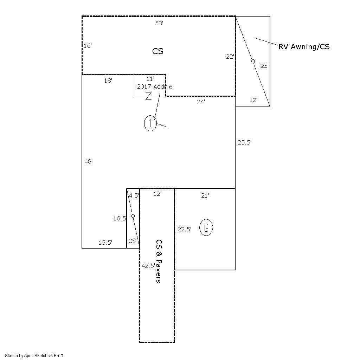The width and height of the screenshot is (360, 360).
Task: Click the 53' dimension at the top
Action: point(159,24)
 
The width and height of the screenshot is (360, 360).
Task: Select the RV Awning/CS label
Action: point(304,47)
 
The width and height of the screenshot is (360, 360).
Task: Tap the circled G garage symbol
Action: point(206,228)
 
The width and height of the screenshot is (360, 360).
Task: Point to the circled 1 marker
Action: point(150,123)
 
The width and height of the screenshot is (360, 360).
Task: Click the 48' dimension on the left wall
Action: point(89,161)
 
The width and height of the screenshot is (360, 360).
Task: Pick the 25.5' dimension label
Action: point(244,142)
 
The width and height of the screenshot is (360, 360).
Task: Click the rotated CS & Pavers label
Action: point(159,261)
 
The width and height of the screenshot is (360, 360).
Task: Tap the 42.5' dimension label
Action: point(148,266)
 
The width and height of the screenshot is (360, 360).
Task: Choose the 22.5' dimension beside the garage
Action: point(184,229)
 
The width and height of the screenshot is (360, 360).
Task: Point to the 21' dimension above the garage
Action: point(205,196)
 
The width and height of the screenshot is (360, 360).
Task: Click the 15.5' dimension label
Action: point(105,242)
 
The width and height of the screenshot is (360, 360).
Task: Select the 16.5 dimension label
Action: point(119,218)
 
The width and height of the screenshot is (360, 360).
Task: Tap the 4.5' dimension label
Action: point(134,196)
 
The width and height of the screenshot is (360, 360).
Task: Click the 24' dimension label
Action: point(201,102)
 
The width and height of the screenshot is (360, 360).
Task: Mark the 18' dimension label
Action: point(108,81)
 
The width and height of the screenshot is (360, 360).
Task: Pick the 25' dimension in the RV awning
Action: point(264,66)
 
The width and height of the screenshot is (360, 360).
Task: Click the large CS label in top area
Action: point(158,51)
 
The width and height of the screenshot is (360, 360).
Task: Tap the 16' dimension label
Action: point(88,46)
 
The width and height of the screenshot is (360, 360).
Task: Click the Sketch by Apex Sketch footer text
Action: point(34,355)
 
